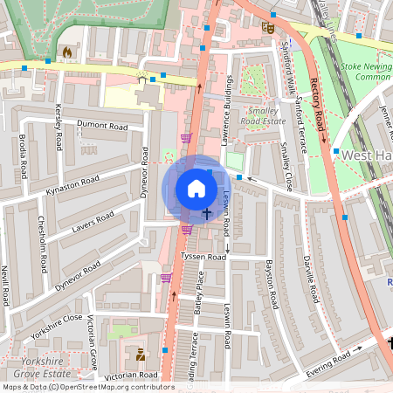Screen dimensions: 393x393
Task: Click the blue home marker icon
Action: point(196,189)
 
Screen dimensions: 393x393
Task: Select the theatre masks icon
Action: point(268,28)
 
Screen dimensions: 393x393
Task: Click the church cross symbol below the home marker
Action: point(207,212)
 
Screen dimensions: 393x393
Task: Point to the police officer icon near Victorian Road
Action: point(141,355)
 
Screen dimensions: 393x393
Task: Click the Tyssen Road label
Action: point(203,257)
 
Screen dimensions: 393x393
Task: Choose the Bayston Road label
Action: point(272,283)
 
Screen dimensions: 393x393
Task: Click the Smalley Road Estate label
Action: point(265,117)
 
